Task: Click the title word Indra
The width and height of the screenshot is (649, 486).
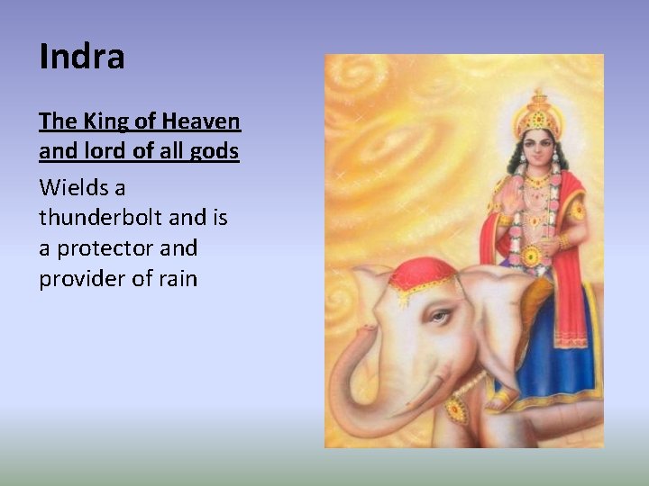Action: (x=82, y=57)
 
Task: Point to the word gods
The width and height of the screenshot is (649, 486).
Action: (x=216, y=151)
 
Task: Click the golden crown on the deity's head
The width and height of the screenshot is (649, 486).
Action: (x=539, y=115)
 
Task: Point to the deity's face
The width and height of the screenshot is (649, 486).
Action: (x=539, y=149)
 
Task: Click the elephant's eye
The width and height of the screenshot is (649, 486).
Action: (x=438, y=316)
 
